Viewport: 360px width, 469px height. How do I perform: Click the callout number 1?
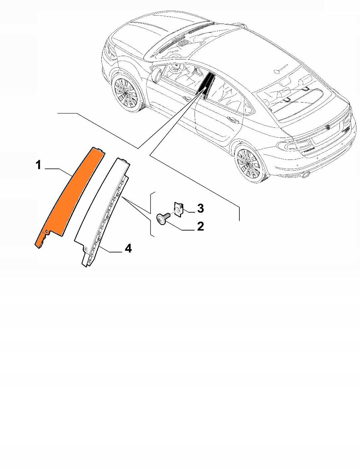click(38, 165)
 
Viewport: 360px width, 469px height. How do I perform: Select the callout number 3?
click(200, 209)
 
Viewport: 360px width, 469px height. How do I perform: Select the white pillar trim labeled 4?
click(101, 213)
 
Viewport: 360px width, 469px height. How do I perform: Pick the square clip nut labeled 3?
click(178, 210)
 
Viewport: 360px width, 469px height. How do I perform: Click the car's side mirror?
click(156, 74)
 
